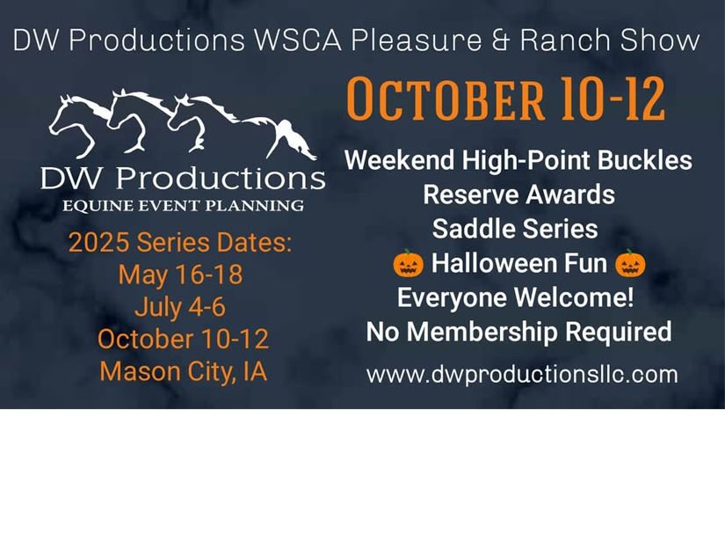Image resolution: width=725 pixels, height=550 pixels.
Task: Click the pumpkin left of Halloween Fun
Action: click(x=408, y=263)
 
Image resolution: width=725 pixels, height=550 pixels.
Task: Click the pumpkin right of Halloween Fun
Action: click(x=630, y=263)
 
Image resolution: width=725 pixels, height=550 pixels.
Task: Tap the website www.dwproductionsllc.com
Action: click(x=522, y=374)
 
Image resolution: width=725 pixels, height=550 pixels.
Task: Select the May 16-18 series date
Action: click(x=180, y=275)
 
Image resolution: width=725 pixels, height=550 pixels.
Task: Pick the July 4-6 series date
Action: click(x=180, y=307)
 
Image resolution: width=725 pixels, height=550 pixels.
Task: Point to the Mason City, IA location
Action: click(x=184, y=371)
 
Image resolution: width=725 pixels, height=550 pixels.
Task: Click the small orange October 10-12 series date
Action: click(x=183, y=339)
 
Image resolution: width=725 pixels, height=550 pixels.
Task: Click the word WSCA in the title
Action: click(x=298, y=40)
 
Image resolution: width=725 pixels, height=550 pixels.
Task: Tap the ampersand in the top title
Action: click(x=500, y=40)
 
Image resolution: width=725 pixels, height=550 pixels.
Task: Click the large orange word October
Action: click(x=446, y=99)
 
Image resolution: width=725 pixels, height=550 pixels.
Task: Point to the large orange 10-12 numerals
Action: click(x=613, y=99)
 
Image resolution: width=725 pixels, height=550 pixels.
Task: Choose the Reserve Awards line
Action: click(x=518, y=194)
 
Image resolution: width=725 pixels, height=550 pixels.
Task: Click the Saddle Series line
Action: click(x=515, y=229)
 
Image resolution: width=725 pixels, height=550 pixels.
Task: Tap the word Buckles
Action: click(x=644, y=160)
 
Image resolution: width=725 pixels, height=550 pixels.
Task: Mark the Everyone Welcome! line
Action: click(x=516, y=297)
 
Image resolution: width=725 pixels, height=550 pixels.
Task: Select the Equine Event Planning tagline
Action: click(x=183, y=206)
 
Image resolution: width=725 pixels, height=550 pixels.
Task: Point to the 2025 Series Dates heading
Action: click(x=180, y=242)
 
